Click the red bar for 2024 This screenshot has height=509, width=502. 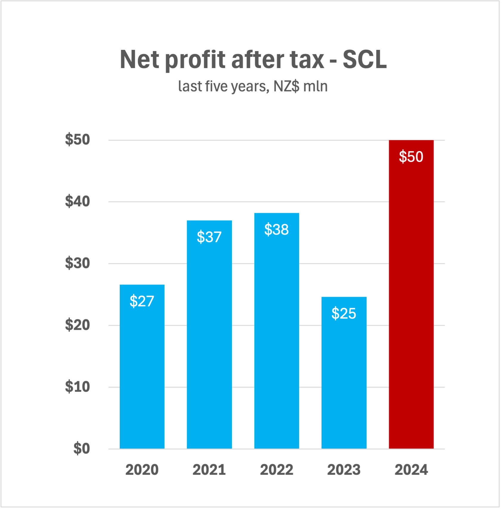click(411, 299)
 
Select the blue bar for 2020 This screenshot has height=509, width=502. click(142, 373)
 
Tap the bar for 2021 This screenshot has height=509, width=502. click(209, 343)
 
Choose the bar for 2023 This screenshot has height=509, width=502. click(344, 379)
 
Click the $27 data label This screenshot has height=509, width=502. click(142, 301)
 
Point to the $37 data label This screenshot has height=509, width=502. click(209, 237)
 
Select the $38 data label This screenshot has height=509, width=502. click(276, 229)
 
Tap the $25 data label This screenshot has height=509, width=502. click(344, 313)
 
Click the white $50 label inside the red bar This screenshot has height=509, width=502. click(411, 156)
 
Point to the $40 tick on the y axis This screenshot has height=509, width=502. click(78, 201)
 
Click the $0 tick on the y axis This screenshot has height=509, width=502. click(81, 448)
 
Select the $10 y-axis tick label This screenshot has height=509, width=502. click(78, 387)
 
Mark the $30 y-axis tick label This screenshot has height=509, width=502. click(78, 263)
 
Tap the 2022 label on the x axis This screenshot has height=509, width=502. click(276, 470)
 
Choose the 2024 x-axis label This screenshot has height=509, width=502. click(411, 470)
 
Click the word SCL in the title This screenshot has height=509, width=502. click(364, 59)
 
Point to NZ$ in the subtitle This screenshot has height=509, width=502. click(286, 86)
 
